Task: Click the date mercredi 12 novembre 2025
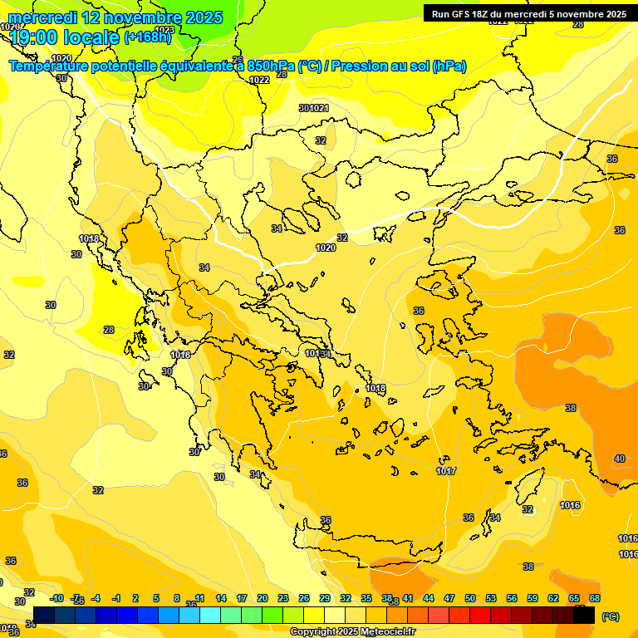pyautogui.click(x=115, y=17)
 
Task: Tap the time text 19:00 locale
pyautogui.click(x=65, y=37)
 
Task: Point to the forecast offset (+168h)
pyautogui.click(x=147, y=37)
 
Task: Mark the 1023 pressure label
pyautogui.click(x=164, y=30)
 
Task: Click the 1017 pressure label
pyautogui.click(x=446, y=471)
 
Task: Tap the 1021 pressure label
pyautogui.click(x=319, y=108)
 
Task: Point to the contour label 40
pyautogui.click(x=620, y=459)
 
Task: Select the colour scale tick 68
pyautogui.click(x=595, y=598)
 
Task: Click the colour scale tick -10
pyautogui.click(x=56, y=598)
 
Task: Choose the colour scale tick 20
pyautogui.click(x=263, y=598)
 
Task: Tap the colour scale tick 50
pyautogui.click(x=470, y=598)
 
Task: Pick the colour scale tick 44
pyautogui.click(x=429, y=598)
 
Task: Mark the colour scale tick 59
pyautogui.click(x=532, y=598)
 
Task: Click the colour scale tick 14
pyautogui.click(x=221, y=598)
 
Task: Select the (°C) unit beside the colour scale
pyautogui.click(x=611, y=616)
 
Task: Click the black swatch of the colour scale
pyautogui.click(x=584, y=616)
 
